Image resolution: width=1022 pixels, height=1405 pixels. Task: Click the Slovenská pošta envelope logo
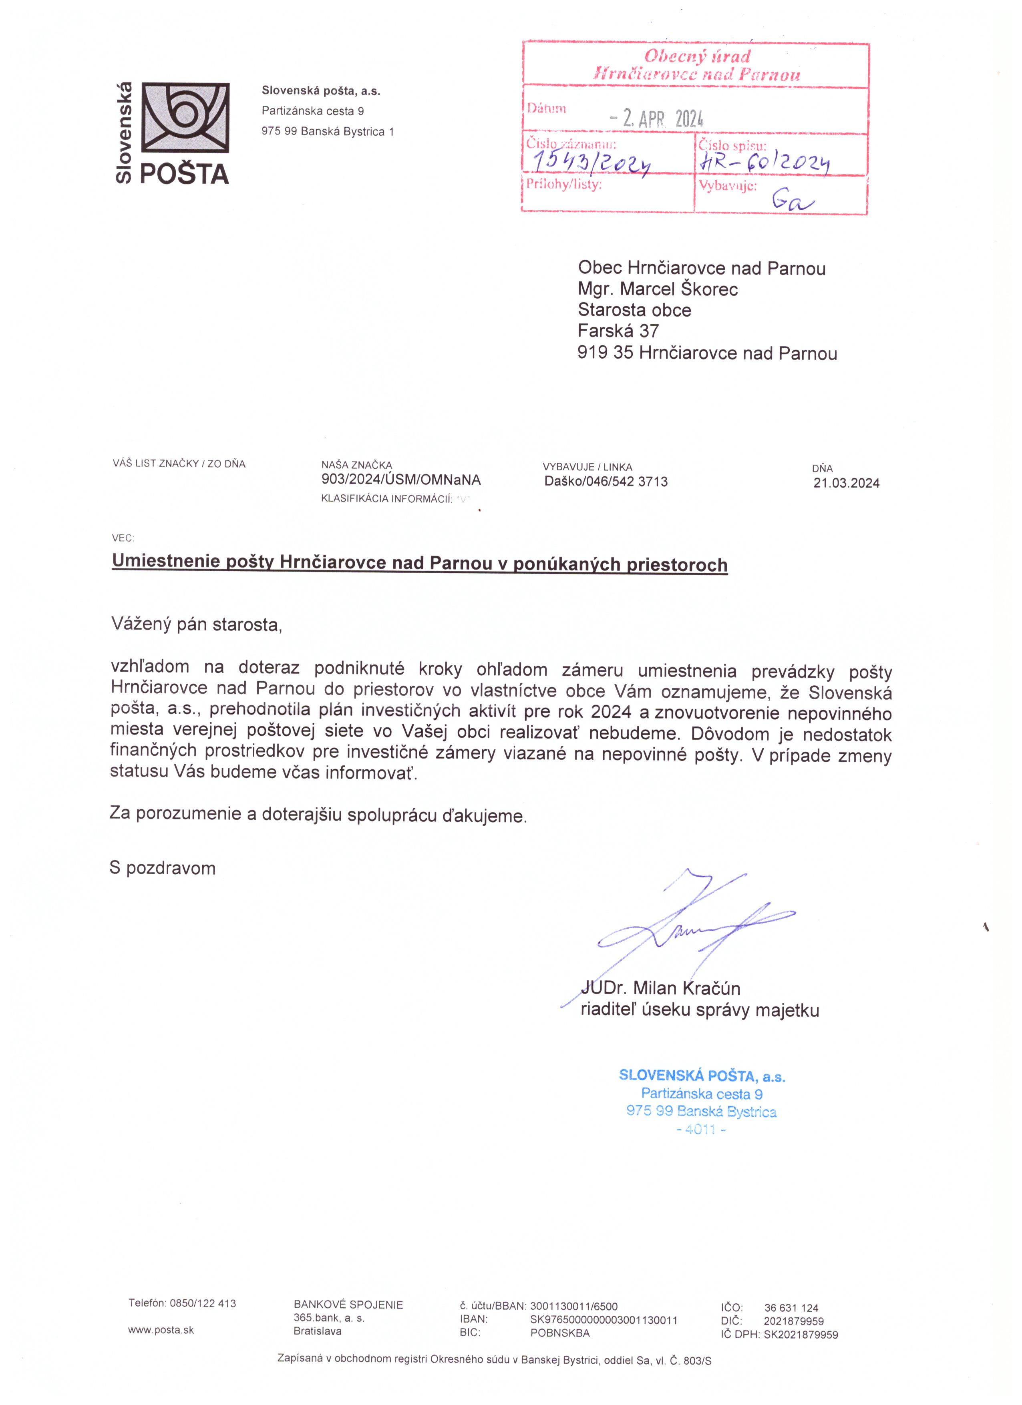[x=186, y=118]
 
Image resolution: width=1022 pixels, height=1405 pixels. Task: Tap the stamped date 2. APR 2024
[x=657, y=118]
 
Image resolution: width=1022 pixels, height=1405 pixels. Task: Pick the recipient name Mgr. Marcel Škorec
[x=658, y=289]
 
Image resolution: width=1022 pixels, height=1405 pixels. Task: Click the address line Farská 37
[x=618, y=331]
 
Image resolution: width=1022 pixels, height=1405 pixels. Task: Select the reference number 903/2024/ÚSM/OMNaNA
[x=400, y=480]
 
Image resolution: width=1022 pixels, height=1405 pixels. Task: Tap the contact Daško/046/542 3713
[x=606, y=481]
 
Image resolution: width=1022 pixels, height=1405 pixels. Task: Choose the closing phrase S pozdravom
[x=162, y=868]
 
